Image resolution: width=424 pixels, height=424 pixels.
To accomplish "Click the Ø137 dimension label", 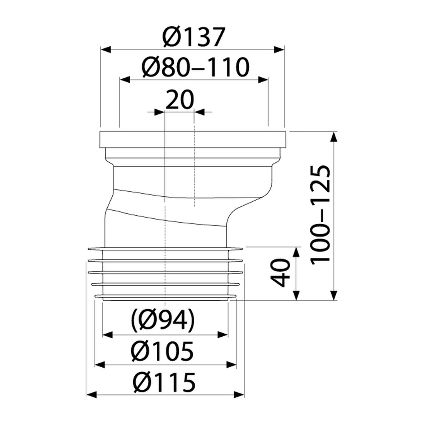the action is (194, 37).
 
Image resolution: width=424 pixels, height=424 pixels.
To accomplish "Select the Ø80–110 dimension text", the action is (195, 67).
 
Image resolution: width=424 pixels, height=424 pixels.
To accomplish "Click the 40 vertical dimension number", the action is (280, 273).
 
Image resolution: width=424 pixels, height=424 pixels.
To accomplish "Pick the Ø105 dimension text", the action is (162, 351).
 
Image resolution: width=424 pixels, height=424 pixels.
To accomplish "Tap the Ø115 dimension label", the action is (164, 382).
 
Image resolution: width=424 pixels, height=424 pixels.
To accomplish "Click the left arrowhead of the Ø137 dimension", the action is (106, 50).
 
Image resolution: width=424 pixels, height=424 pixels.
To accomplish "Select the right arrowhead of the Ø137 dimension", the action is (279, 50).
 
